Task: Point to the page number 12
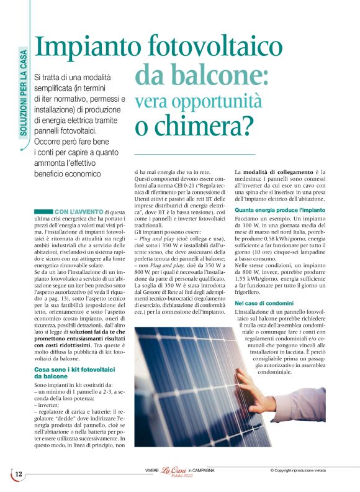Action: tap(18, 474)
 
